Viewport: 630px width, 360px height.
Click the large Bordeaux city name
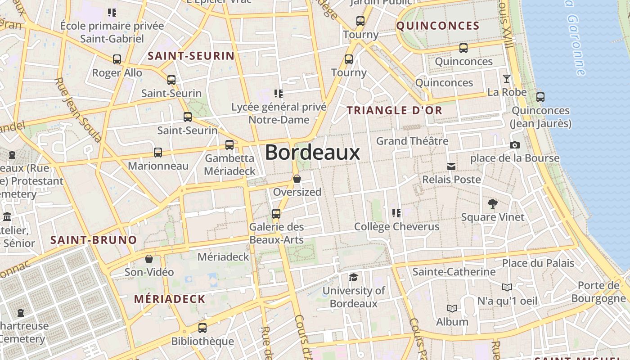[x=312, y=153]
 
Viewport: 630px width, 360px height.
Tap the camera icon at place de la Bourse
[x=514, y=145]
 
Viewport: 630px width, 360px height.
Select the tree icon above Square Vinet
[x=493, y=204]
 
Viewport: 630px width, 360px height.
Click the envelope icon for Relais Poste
[x=451, y=166]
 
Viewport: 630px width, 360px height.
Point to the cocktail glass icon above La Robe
[x=507, y=79]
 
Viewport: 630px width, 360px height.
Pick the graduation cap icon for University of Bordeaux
[x=353, y=277]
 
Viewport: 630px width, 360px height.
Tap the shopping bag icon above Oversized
[x=297, y=179]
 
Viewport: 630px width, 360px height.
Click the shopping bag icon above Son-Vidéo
[x=149, y=259]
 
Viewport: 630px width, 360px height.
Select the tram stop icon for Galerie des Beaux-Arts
[x=276, y=213]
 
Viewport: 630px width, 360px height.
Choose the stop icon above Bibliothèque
[x=202, y=328]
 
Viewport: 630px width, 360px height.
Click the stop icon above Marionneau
[x=158, y=152]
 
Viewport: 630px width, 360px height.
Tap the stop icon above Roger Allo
[x=117, y=59]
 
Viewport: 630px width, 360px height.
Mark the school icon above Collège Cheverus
[x=396, y=213]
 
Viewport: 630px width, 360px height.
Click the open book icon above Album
[x=452, y=308]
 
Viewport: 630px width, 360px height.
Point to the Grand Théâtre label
[x=412, y=141]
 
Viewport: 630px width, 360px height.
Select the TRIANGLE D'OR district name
[x=395, y=110]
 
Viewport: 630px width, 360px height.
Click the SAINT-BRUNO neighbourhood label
[x=94, y=240]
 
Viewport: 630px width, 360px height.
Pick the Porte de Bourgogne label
[x=598, y=292]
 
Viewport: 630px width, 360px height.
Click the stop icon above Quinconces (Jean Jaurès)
[x=540, y=97]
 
